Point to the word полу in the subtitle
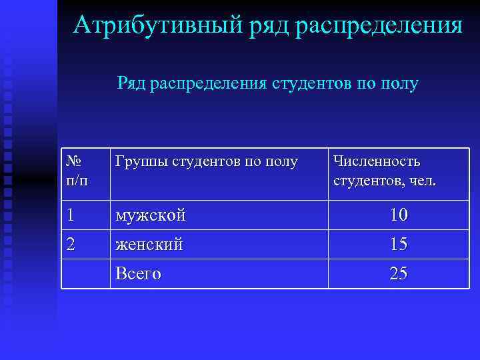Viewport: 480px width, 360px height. (399, 83)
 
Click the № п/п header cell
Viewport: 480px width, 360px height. (79, 171)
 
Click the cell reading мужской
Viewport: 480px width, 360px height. (150, 215)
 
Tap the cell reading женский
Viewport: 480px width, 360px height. (149, 245)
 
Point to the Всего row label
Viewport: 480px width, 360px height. (138, 273)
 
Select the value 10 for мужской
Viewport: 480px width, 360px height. (399, 215)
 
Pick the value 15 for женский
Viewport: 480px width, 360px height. (399, 244)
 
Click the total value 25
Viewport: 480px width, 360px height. (399, 273)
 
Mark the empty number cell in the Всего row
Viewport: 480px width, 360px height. (85, 273)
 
